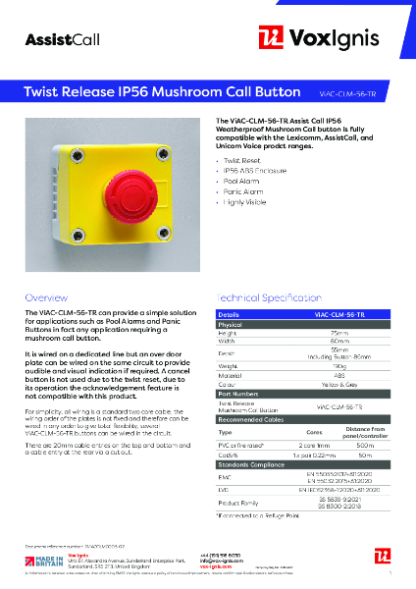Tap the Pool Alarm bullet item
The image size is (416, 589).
(x=244, y=181)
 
